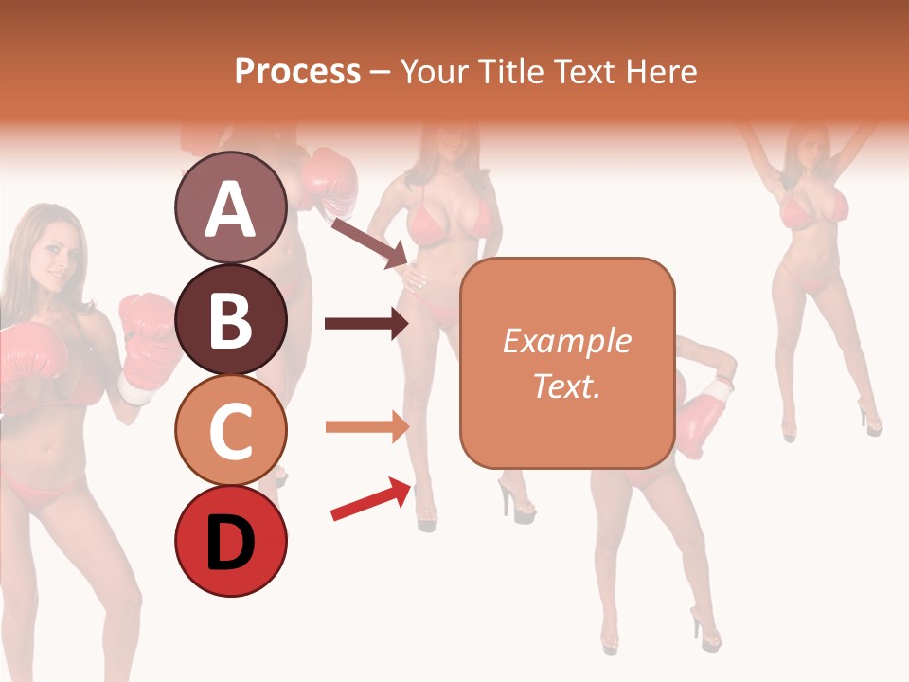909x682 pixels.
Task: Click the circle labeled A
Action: [x=230, y=207]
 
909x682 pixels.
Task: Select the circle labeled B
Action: [x=230, y=319]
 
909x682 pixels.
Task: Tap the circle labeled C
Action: [x=230, y=430]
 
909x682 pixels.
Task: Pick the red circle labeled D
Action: [x=230, y=542]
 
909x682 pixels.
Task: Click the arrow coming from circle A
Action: [x=369, y=242]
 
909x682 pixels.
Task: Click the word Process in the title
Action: [x=297, y=72]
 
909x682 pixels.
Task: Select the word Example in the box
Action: [x=566, y=341]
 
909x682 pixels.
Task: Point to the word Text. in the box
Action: [x=566, y=386]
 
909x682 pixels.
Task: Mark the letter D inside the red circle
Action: [x=230, y=544]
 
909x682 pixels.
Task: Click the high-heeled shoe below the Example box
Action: [x=517, y=500]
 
